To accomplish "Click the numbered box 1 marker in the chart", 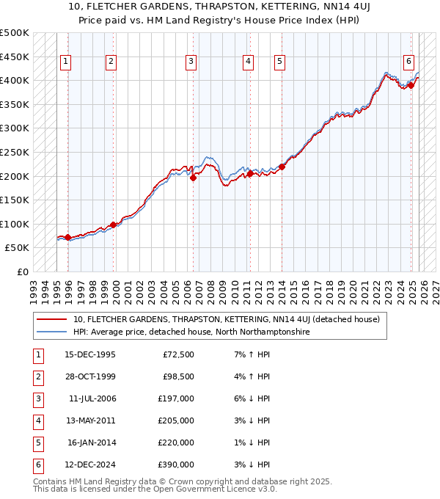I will click(66, 62).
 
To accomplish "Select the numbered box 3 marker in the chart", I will click(191, 62).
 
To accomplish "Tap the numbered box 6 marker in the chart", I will click(408, 62).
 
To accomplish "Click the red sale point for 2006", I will click(193, 177).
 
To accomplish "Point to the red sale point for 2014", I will click(282, 167).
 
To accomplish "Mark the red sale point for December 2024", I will click(411, 85).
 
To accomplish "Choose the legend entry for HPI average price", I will click(191, 332).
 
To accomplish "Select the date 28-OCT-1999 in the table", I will click(90, 376).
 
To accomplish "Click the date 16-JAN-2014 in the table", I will click(92, 442).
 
